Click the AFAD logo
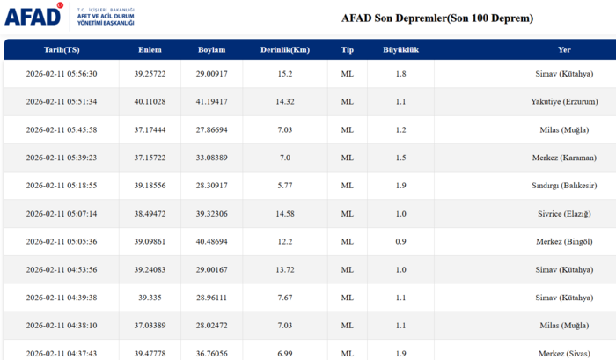[x=33, y=16]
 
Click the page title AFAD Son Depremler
[x=436, y=18]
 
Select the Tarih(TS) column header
[x=61, y=49]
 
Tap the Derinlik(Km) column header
[x=285, y=49]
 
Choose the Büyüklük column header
[x=400, y=49]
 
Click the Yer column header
[x=564, y=49]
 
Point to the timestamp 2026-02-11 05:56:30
[x=62, y=74]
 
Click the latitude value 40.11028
[x=150, y=102]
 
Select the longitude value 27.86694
[x=210, y=130]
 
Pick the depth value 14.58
[x=285, y=214]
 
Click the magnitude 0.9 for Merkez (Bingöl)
[x=400, y=242]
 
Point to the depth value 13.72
[x=285, y=270]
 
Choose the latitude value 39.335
[x=150, y=298]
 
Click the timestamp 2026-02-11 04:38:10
[x=62, y=326]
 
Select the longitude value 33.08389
[x=210, y=158]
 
